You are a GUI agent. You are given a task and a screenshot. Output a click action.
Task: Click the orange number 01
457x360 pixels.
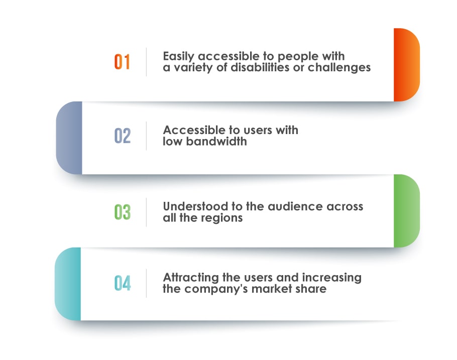pyautogui.click(x=122, y=62)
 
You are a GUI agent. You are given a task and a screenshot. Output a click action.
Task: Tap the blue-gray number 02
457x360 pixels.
pyautogui.click(x=123, y=136)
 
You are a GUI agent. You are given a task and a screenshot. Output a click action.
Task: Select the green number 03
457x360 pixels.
pyautogui.click(x=123, y=212)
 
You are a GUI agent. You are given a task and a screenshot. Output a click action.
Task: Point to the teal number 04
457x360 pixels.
pyautogui.click(x=123, y=283)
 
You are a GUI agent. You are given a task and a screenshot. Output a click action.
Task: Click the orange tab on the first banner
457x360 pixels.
pyautogui.click(x=407, y=65)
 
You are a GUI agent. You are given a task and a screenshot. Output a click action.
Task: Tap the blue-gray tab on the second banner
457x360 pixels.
pyautogui.click(x=69, y=138)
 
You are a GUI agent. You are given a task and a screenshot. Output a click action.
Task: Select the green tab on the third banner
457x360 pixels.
pyautogui.click(x=407, y=211)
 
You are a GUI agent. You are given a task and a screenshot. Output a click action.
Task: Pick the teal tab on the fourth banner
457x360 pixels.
pyautogui.click(x=68, y=284)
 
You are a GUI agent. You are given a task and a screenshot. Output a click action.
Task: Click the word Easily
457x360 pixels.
pyautogui.click(x=179, y=57)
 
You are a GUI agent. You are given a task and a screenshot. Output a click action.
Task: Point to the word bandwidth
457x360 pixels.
pyautogui.click(x=216, y=142)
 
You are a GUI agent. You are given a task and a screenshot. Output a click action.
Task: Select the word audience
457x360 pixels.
pyautogui.click(x=295, y=207)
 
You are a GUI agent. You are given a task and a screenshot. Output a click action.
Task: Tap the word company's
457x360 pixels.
pyautogui.click(x=216, y=289)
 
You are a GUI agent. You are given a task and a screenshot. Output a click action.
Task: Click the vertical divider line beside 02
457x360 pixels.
pyautogui.click(x=146, y=136)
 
